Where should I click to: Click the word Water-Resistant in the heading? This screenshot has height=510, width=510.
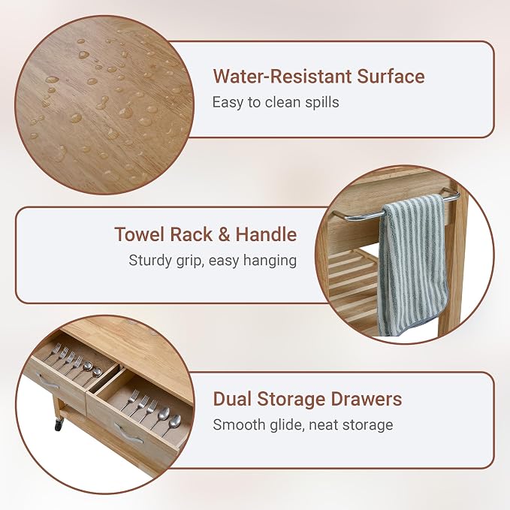(282, 77)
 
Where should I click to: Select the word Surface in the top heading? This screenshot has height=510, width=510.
(391, 77)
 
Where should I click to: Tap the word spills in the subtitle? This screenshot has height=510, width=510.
(322, 103)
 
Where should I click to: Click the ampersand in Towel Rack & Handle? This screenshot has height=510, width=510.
(224, 234)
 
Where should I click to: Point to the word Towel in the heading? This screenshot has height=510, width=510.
(140, 234)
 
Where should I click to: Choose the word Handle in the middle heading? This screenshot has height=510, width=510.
(266, 234)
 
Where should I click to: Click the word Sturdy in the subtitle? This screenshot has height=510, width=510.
(150, 261)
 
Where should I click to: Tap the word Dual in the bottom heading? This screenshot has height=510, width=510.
(232, 399)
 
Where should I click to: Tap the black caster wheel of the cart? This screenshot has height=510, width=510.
(59, 424)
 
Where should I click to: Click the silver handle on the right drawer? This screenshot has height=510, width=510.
(128, 433)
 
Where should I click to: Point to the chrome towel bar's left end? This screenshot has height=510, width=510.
(333, 214)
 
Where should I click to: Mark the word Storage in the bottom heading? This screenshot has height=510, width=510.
(291, 400)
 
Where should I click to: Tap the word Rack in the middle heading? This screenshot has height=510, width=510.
(192, 234)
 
